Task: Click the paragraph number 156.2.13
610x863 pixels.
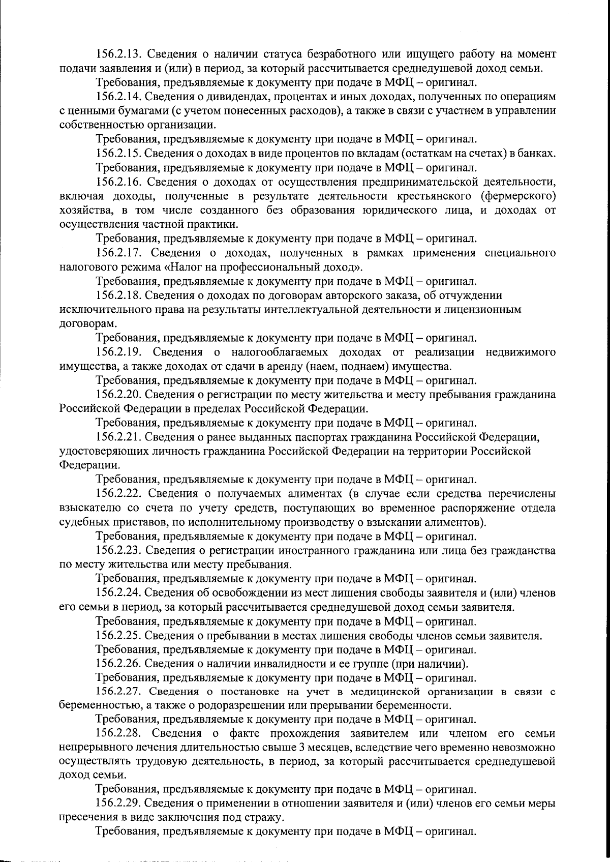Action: point(121,54)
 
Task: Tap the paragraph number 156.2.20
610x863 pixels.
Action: point(121,395)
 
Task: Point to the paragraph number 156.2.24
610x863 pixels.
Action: point(121,593)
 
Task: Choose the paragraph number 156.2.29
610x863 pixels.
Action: point(121,804)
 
